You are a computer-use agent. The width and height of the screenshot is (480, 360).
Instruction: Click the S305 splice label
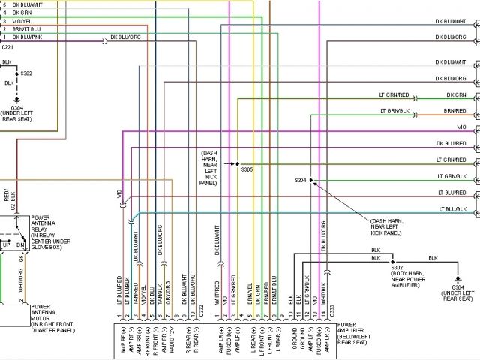(247, 169)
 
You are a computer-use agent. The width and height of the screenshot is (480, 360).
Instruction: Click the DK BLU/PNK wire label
(27, 37)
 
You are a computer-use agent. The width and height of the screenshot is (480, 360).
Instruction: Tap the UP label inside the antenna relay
(7, 245)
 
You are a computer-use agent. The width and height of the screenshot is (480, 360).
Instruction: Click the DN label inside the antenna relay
(20, 245)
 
